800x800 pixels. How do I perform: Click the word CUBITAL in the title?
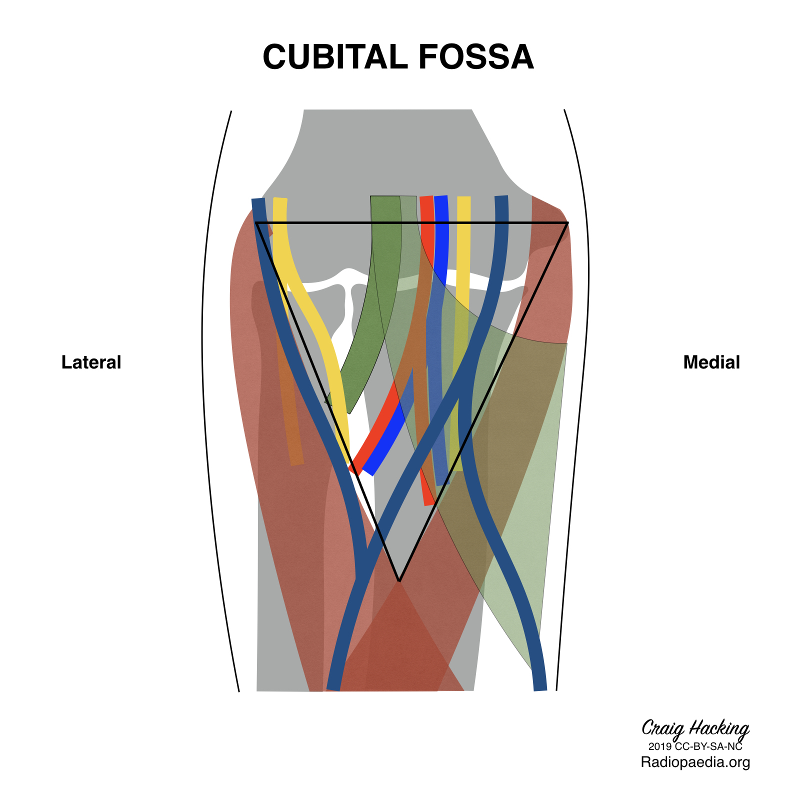[x=335, y=56]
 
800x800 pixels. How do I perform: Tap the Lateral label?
[x=91, y=362]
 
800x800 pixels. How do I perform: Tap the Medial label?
[x=711, y=362]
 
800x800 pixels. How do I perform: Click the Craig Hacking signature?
[x=695, y=728]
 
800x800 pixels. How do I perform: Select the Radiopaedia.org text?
[x=695, y=762]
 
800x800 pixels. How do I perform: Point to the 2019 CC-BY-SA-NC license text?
[x=695, y=746]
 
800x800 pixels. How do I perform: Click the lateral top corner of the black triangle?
[x=256, y=223]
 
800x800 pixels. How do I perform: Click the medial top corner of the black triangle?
[x=567, y=223]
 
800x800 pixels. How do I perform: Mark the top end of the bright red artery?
[x=426, y=198]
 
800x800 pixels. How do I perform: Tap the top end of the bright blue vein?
[x=440, y=198]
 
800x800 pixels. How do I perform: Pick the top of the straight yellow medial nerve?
[x=464, y=198]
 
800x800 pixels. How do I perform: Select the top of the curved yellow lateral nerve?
[x=280, y=200]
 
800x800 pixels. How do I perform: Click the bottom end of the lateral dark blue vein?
[x=333, y=688]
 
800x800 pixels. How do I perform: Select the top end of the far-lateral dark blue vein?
[x=258, y=200]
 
